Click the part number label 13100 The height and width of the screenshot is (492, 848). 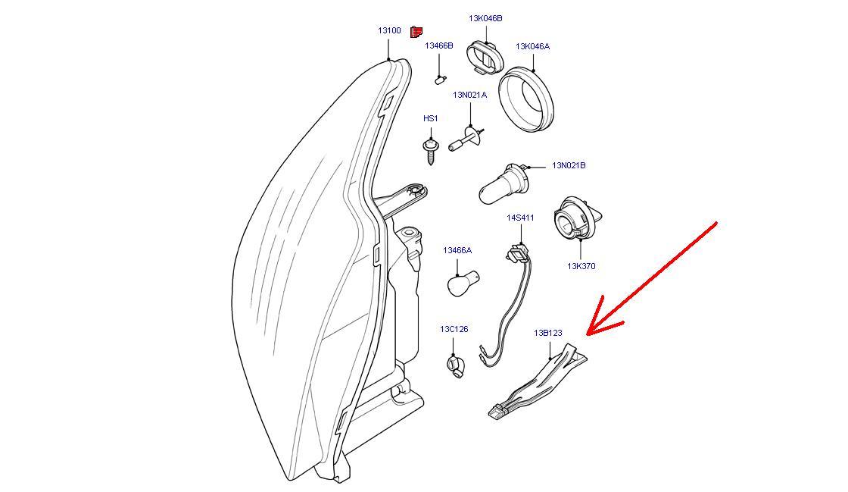point(389,30)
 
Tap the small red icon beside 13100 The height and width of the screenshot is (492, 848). point(416,32)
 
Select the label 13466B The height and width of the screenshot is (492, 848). point(438,45)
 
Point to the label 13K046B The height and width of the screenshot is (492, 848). point(485,18)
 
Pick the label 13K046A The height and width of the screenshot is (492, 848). point(532,46)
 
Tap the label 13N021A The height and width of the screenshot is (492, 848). point(469,95)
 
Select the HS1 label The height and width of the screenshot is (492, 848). point(430,118)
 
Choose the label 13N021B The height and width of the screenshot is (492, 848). point(568,165)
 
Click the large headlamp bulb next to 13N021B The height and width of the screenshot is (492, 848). point(500,183)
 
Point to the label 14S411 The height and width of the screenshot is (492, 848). point(520,218)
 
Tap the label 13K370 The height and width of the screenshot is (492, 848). point(581,266)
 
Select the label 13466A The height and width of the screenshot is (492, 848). point(457,249)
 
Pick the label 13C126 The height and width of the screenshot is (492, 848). point(454,329)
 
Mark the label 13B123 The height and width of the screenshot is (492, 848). point(547,332)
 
